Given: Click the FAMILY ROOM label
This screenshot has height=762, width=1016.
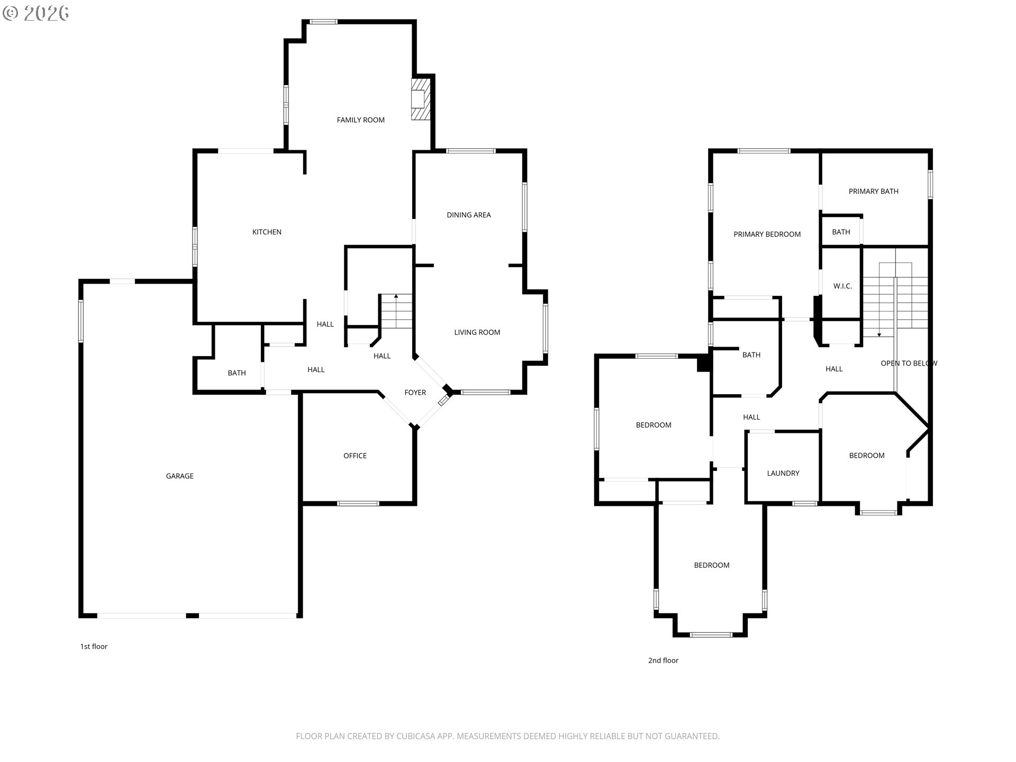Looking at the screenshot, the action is pyautogui.click(x=360, y=120).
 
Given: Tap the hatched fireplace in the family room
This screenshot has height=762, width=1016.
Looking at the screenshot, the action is pyautogui.click(x=421, y=99).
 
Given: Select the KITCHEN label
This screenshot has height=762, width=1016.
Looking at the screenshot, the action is pyautogui.click(x=267, y=232).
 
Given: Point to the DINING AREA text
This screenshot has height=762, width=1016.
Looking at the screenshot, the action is pyautogui.click(x=468, y=215).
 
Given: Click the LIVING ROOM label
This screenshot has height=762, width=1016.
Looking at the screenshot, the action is pyautogui.click(x=477, y=332).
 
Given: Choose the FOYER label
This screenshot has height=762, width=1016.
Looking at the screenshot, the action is pyautogui.click(x=415, y=393).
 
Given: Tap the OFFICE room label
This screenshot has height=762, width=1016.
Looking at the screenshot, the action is pyautogui.click(x=355, y=456).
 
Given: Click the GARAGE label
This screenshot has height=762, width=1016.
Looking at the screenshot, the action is pyautogui.click(x=179, y=476).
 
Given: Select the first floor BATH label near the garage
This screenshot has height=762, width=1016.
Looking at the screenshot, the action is pyautogui.click(x=237, y=373).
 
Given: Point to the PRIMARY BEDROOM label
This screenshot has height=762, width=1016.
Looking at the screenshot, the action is pyautogui.click(x=767, y=234).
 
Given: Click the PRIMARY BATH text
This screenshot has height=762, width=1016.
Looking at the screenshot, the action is pyautogui.click(x=873, y=192).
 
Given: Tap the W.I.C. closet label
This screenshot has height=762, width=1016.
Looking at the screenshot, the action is pyautogui.click(x=842, y=286).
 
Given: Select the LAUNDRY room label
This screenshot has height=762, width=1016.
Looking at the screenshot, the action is pyautogui.click(x=783, y=474).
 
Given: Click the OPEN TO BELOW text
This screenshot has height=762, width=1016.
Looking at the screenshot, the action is pyautogui.click(x=909, y=364).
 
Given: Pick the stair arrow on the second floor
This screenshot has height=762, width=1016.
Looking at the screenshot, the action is pyautogui.click(x=879, y=307).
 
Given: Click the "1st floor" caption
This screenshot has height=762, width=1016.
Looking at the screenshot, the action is pyautogui.click(x=94, y=647).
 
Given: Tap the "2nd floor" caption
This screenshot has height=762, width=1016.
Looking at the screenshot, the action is pyautogui.click(x=663, y=660).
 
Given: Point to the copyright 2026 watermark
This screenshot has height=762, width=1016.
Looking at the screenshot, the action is pyautogui.click(x=36, y=13).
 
